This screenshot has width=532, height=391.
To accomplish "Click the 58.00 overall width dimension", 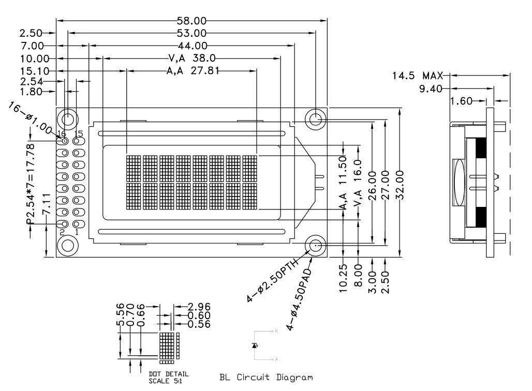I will tap(192, 21).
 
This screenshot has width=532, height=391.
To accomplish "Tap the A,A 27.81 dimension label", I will tap(191, 71).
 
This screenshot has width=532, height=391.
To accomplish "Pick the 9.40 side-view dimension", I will tap(430, 88).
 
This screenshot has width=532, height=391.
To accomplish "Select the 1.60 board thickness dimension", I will tap(461, 101).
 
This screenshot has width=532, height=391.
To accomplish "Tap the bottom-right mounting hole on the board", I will tap(315, 245).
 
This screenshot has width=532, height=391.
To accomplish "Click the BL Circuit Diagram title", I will tap(266, 377).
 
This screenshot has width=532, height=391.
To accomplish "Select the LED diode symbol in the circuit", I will tap(254, 344).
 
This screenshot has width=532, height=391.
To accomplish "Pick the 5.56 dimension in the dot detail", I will tap(121, 317).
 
